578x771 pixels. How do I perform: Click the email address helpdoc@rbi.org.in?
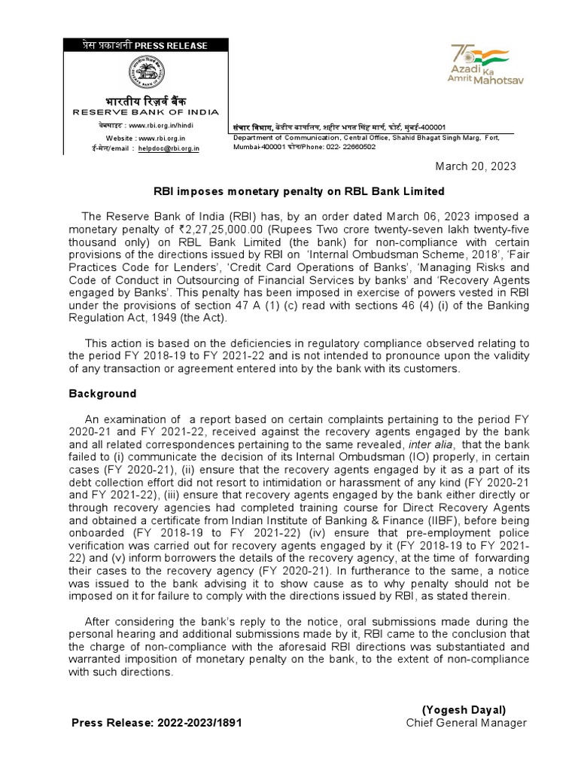pos(169,149)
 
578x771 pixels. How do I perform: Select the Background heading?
pos(103,393)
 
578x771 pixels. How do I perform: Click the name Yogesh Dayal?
pos(464,709)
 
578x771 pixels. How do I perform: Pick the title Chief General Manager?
pos(466,723)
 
